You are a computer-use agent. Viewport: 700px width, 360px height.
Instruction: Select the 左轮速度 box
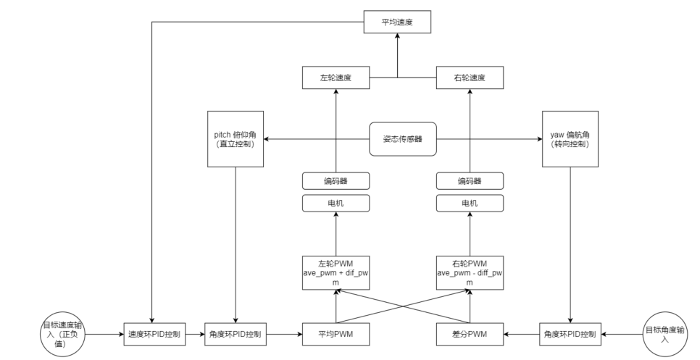coord(336,78)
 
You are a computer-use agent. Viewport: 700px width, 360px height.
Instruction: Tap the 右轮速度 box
coord(470,78)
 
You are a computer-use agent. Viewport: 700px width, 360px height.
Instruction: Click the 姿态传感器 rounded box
coord(403,138)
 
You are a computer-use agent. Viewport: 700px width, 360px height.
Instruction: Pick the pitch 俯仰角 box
coord(236,139)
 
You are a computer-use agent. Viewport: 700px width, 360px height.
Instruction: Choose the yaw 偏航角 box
coord(570,139)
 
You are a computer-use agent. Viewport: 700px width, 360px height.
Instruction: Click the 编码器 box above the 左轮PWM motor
coord(336,180)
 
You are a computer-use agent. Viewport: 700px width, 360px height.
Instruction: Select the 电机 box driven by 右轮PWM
coord(470,204)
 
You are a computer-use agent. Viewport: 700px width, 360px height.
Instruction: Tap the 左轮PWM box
coord(336,272)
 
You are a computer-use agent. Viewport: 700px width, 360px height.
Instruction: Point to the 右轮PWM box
coord(470,272)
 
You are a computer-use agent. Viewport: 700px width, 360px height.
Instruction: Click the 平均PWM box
coord(336,334)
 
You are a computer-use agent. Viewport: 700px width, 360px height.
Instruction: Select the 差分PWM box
coord(470,334)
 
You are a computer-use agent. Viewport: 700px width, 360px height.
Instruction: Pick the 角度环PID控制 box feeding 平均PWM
coord(236,334)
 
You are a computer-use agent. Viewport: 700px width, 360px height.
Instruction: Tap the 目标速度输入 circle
coord(64,334)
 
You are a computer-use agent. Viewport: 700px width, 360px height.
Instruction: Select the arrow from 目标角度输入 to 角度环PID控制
coord(622,334)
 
